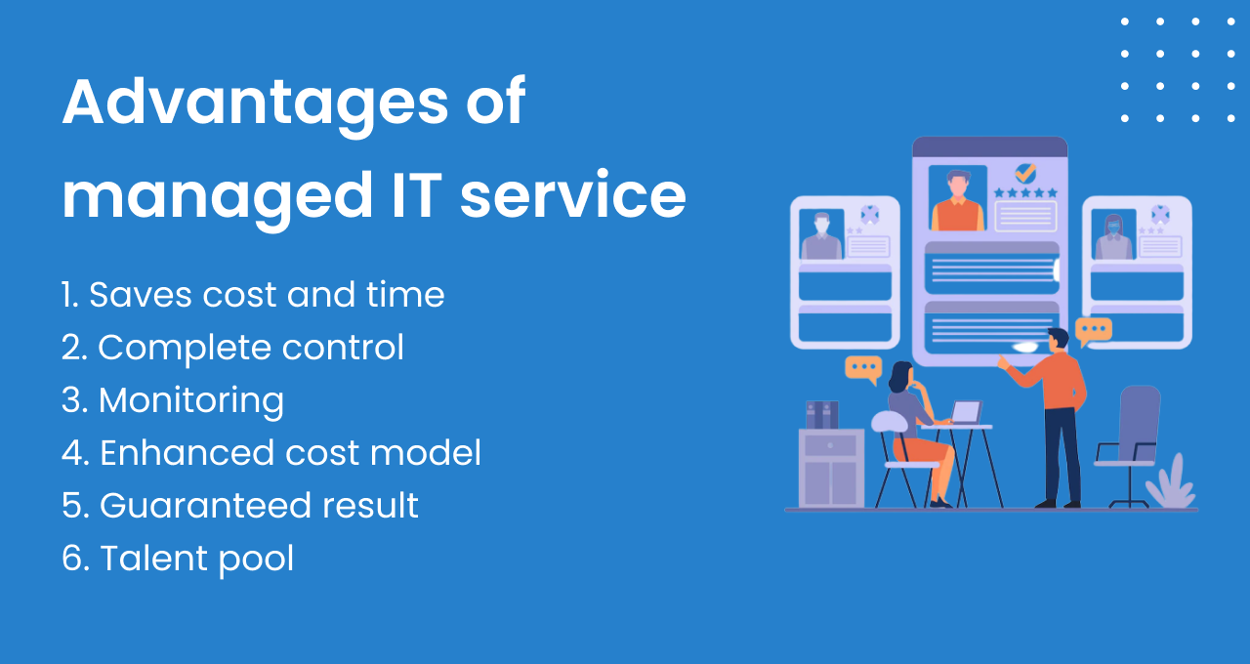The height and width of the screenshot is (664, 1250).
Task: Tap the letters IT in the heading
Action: (x=416, y=194)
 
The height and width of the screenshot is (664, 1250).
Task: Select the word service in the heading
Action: (x=572, y=194)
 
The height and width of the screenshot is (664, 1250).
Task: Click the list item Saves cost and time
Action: (x=253, y=294)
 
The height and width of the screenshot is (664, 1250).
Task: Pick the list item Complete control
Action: (x=232, y=348)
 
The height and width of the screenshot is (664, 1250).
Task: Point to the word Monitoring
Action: (x=191, y=400)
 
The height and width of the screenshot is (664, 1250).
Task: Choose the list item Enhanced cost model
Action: (x=271, y=452)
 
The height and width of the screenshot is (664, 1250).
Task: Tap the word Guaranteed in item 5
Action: (x=205, y=505)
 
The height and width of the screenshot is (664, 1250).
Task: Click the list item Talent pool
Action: (x=178, y=558)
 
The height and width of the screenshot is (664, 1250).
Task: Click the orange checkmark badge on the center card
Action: (x=1025, y=173)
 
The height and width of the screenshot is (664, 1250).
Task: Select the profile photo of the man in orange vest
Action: (x=957, y=198)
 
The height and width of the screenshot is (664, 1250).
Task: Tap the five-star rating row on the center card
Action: (x=1025, y=193)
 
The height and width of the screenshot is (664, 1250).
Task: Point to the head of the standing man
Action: (x=1058, y=340)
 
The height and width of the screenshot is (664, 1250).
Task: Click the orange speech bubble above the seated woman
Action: (x=864, y=369)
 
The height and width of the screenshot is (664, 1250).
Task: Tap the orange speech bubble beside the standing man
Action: (x=1093, y=331)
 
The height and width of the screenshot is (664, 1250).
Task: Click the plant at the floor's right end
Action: (x=1170, y=483)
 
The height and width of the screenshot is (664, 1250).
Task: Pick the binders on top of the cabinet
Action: (x=822, y=415)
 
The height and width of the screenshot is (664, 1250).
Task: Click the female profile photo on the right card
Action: (x=1113, y=234)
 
